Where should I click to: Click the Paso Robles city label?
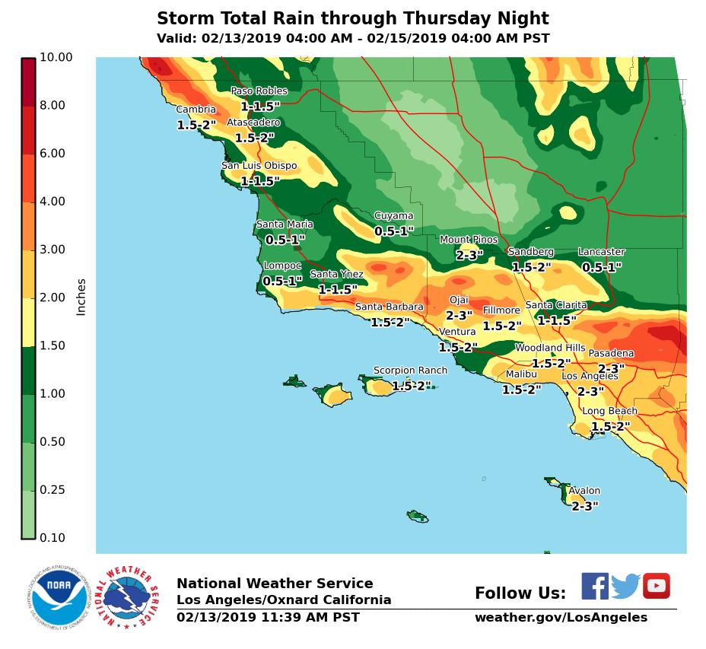(259, 91)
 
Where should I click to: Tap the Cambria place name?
(196, 110)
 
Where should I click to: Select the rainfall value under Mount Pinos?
(469, 256)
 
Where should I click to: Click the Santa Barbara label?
(389, 307)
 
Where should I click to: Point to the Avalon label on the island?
(584, 492)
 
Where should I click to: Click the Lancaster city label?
(601, 252)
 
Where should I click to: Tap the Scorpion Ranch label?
(410, 371)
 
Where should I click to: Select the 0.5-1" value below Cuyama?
(393, 231)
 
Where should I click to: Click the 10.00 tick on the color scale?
(56, 57)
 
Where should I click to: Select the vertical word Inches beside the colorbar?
(81, 297)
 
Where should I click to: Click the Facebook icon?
(595, 586)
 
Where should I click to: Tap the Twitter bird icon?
(625, 587)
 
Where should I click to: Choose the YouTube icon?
(656, 586)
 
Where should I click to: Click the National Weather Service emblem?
(131, 597)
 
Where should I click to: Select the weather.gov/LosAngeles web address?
(561, 618)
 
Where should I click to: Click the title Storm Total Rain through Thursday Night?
(352, 19)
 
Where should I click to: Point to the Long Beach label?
(609, 412)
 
